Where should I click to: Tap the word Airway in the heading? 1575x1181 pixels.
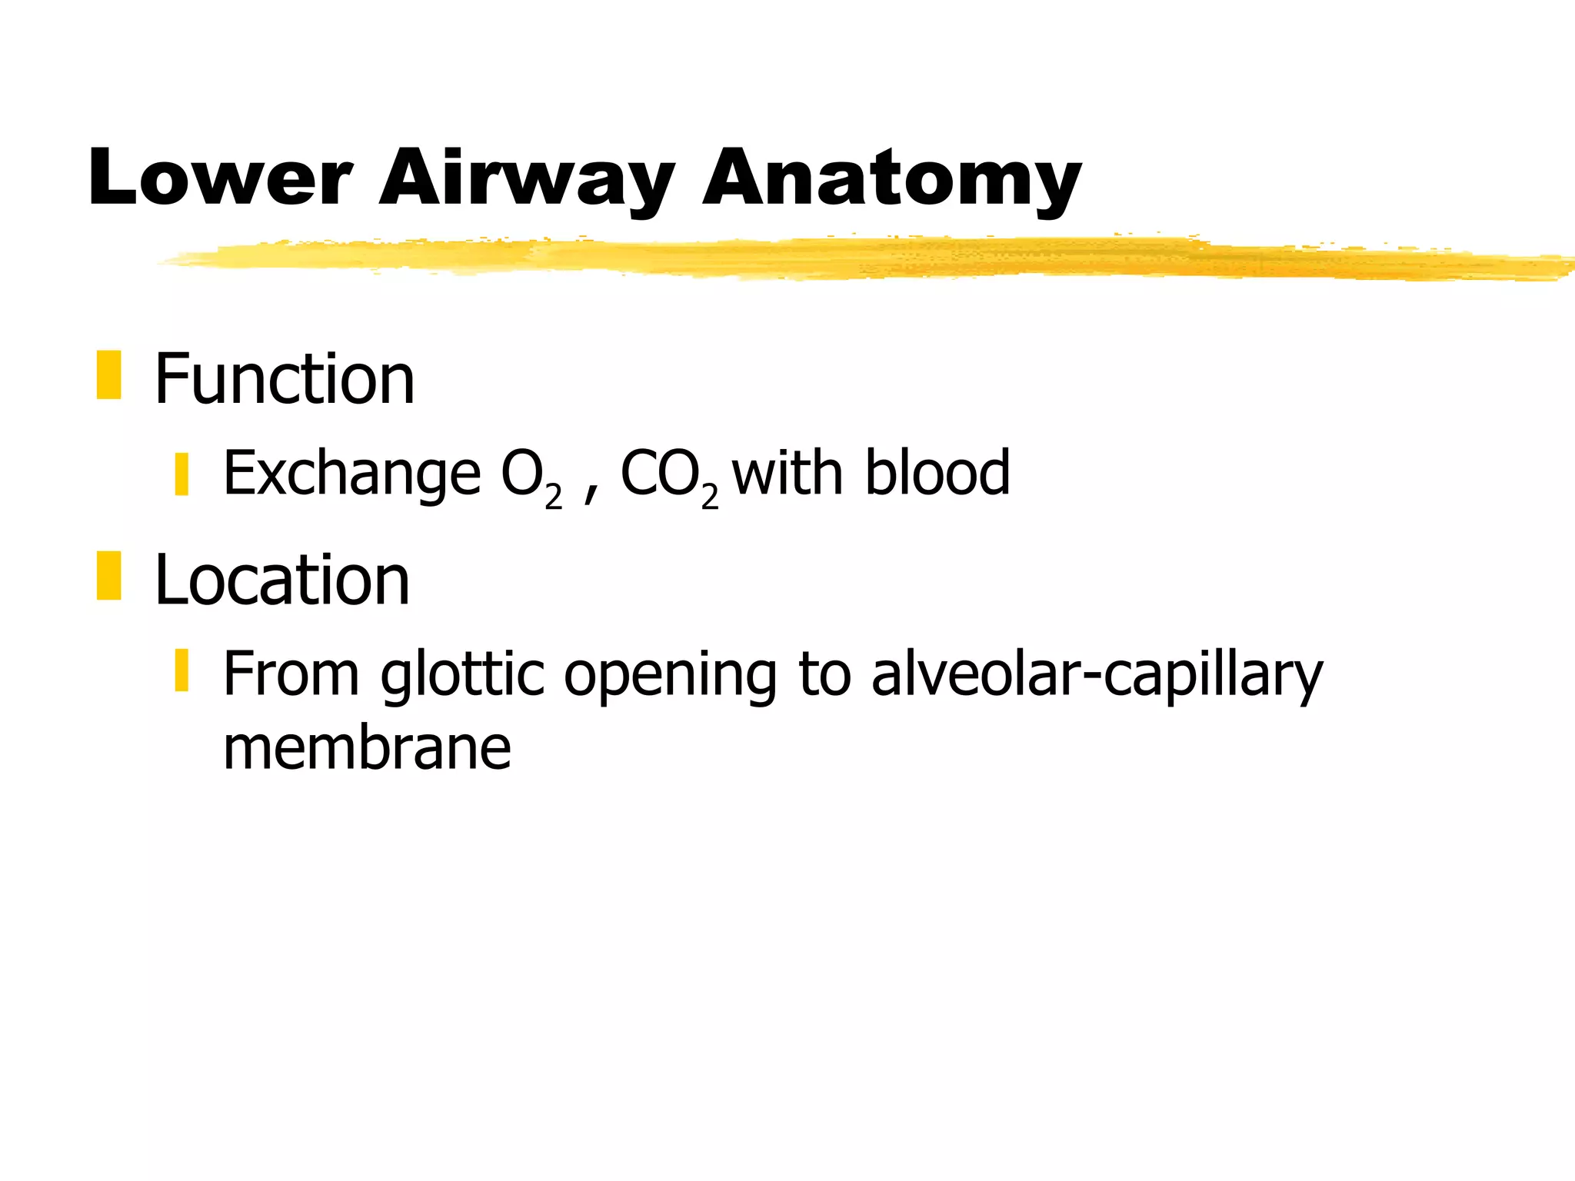pyautogui.click(x=527, y=178)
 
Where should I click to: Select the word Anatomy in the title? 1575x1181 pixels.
pyautogui.click(x=892, y=178)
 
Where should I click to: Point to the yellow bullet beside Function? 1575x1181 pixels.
pyautogui.click(x=108, y=375)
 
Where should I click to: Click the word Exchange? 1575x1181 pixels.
pyautogui.click(x=351, y=474)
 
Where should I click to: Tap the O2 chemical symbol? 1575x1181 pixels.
pyautogui.click(x=531, y=477)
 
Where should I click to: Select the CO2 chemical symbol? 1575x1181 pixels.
pyautogui.click(x=668, y=477)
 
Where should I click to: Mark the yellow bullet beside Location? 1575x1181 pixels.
pyautogui.click(x=108, y=576)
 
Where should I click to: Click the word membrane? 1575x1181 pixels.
pyautogui.click(x=367, y=747)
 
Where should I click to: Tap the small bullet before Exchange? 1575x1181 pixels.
pyautogui.click(x=181, y=474)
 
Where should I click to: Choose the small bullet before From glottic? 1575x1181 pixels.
pyautogui.click(x=181, y=670)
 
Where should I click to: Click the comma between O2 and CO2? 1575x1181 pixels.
pyautogui.click(x=589, y=492)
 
